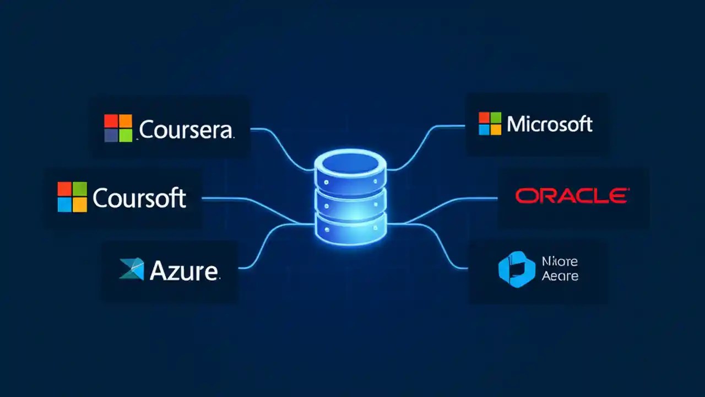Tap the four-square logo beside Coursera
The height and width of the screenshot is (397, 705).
(x=118, y=128)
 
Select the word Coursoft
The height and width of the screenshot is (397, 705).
(x=139, y=198)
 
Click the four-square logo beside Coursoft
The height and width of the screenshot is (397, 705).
(x=72, y=197)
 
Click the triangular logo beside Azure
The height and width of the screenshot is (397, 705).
(x=132, y=269)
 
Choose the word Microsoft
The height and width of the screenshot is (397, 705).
(x=549, y=124)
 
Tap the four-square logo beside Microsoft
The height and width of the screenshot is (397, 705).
(x=490, y=124)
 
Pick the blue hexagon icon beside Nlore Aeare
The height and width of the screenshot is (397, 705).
(x=517, y=270)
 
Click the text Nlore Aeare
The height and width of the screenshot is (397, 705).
(x=560, y=269)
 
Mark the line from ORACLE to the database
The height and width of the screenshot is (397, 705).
(x=452, y=207)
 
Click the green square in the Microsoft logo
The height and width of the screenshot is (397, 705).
(x=496, y=117)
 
